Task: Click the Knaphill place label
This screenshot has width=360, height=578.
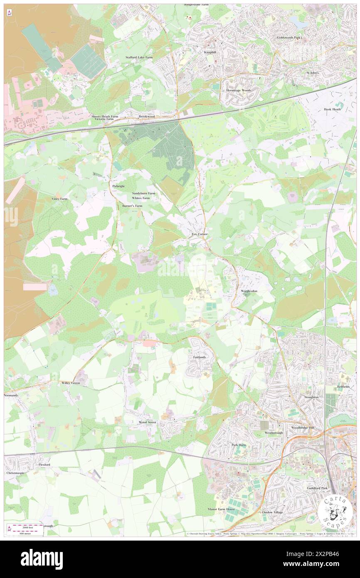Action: pos(209,54)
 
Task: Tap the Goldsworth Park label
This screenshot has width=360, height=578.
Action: pos(289,37)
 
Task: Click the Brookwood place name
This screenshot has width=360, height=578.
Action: pos(147,117)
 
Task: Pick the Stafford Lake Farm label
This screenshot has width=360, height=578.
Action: pos(139,57)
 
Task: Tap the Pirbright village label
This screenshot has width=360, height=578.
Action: pos(118,186)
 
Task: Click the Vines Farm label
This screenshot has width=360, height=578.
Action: pos(59,199)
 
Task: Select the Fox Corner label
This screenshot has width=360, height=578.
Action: pos(199,235)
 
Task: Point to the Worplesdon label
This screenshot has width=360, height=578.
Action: pos(250,291)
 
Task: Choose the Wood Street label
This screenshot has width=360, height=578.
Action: pos(147,422)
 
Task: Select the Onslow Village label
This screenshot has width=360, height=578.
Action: pos(272,512)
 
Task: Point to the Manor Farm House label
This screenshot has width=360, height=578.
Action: pos(222,509)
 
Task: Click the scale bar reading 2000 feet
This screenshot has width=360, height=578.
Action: pos(25,526)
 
